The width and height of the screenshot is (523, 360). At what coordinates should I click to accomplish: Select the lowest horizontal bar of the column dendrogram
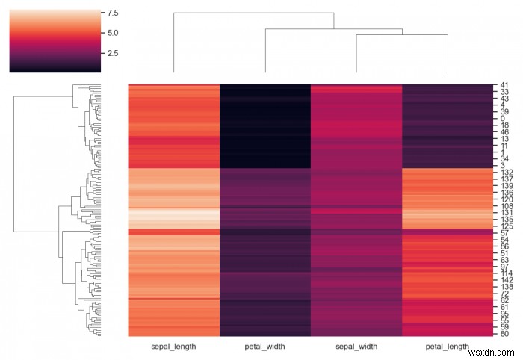click(401, 34)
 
